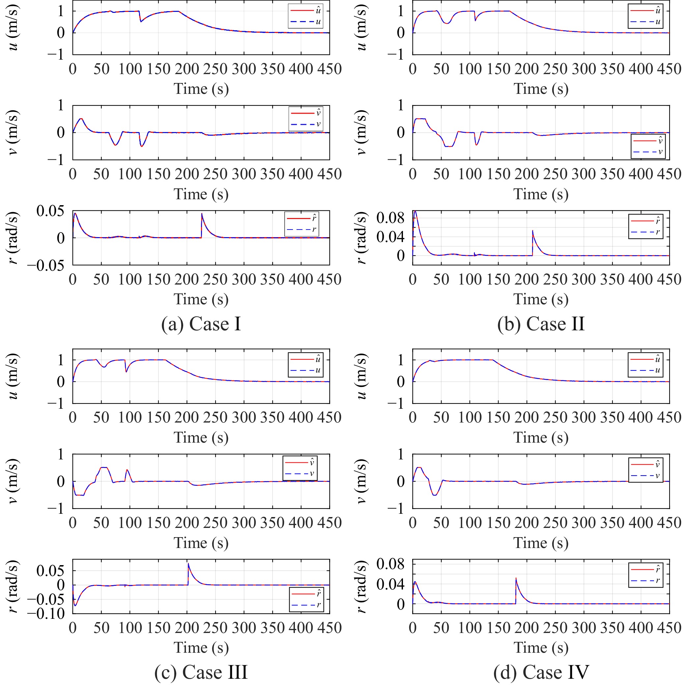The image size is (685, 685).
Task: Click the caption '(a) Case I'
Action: pyautogui.click(x=201, y=324)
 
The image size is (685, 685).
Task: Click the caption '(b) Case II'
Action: pyautogui.click(x=541, y=324)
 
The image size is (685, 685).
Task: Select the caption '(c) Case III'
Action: pyautogui.click(x=201, y=672)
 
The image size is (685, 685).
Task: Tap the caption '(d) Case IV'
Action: pyautogui.click(x=541, y=672)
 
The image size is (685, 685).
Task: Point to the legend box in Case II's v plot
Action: pyautogui.click(x=648, y=146)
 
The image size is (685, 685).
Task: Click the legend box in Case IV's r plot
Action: pyautogui.click(x=645, y=575)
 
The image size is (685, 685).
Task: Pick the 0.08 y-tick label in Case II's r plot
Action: pyautogui.click(x=390, y=218)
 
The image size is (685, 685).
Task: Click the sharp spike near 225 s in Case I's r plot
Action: pyautogui.click(x=202, y=214)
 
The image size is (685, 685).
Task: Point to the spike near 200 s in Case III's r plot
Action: pyautogui.click(x=188, y=564)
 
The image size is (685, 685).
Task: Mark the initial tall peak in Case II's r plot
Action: pyautogui.click(x=415, y=212)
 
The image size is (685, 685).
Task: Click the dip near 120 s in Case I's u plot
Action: pyautogui.click(x=141, y=22)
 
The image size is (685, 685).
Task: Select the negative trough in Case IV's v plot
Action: pyautogui.click(x=435, y=495)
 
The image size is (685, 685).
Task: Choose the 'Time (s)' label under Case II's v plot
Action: pyautogui.click(x=541, y=194)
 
